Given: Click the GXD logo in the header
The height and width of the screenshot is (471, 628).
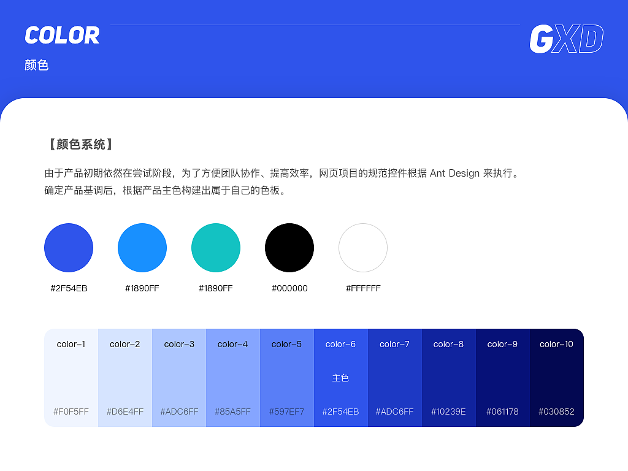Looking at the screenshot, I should pos(566,39).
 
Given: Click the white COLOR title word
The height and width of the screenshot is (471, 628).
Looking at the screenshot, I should pos(62,36).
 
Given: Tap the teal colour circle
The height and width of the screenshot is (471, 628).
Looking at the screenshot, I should pos(216,248).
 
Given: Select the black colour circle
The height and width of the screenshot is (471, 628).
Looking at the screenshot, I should pos(289,248).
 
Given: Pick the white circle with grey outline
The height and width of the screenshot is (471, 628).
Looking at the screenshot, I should pos(363,248).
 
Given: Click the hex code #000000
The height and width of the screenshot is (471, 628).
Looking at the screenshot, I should pos(289,288).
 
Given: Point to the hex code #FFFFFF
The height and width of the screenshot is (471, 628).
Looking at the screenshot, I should pos(363,288).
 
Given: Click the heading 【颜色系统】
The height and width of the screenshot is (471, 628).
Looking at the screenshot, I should pos(79,145).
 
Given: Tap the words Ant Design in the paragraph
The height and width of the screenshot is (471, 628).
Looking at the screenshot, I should pos(454,173).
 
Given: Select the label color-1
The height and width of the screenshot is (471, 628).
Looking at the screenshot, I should pos(71,344).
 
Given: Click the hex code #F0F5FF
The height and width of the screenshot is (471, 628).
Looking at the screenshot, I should pos(71,412).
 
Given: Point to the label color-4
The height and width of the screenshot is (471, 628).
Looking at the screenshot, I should pos(233,344).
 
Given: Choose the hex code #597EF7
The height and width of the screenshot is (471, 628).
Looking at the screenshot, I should pos(287,412).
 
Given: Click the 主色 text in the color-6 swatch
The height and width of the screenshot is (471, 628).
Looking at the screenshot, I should pos(340,378).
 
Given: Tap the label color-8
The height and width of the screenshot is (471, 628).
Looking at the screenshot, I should pos(449,344).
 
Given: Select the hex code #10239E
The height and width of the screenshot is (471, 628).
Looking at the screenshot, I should pos(449,412).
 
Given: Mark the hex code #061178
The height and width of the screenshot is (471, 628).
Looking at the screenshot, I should pos(503,412).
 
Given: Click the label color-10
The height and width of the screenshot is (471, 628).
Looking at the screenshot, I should pos(557,344).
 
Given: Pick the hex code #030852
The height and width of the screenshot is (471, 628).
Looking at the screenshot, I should pos(557,412).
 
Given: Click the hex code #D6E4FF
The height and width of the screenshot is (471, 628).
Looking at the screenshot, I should pos(125,412).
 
